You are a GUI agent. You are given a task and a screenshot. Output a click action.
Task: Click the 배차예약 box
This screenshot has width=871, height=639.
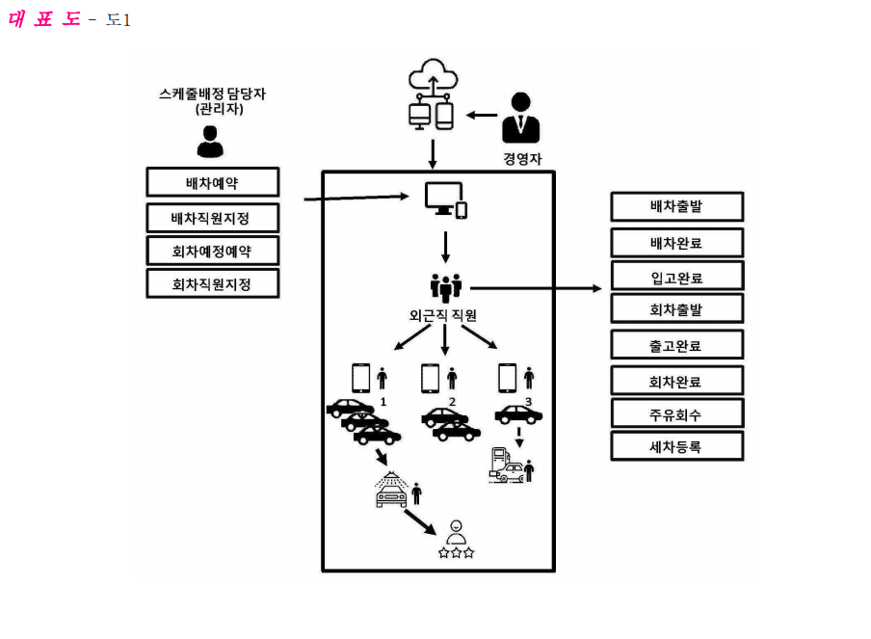tap(213, 182)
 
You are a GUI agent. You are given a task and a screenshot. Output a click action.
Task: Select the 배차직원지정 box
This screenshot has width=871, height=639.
tap(213, 218)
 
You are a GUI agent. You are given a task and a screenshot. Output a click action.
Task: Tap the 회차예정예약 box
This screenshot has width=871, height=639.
tap(213, 251)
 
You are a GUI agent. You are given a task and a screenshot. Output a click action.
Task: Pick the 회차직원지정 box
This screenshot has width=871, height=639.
tap(213, 283)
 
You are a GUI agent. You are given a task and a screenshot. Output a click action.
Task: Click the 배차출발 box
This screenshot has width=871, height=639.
tap(677, 206)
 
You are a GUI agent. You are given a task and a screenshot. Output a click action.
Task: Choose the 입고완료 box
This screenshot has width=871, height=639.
tap(677, 277)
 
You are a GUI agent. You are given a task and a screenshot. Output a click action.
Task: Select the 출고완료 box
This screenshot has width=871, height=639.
tap(677, 345)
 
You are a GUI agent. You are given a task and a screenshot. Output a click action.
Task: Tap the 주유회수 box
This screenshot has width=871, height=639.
tap(677, 413)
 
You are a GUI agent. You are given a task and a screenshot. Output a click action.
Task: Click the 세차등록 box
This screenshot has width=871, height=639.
tap(677, 446)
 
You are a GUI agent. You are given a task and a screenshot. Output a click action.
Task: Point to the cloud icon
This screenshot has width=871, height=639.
tap(434, 74)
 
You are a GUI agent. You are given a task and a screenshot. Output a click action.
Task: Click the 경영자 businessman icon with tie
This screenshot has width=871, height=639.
tap(520, 118)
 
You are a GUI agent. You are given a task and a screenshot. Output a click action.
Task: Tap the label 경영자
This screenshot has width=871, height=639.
tap(522, 159)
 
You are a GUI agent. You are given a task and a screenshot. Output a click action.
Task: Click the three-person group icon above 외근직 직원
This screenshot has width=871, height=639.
tap(445, 287)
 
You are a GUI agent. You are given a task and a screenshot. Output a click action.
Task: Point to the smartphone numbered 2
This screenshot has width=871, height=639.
tap(430, 379)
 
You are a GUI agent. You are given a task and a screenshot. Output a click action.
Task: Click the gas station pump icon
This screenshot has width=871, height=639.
tap(499, 462)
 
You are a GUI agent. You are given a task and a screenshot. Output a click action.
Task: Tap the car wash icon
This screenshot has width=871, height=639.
tap(391, 490)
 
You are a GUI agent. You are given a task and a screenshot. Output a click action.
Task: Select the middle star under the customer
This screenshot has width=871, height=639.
tap(456, 553)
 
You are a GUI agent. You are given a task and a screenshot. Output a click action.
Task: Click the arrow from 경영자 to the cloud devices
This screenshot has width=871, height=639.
tap(482, 115)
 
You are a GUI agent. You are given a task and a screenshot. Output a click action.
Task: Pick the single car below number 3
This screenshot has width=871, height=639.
tap(518, 414)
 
